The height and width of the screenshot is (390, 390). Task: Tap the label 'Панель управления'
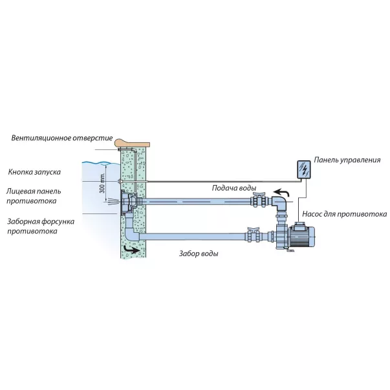pyautogui.click(x=347, y=159)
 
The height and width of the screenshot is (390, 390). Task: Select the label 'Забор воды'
pyautogui.click(x=198, y=254)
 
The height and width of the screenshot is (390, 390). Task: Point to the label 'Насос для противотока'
pyautogui.click(x=344, y=213)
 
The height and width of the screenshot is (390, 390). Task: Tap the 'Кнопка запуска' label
pyautogui.click(x=35, y=173)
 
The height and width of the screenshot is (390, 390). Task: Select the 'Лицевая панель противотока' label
pyautogui.click(x=35, y=196)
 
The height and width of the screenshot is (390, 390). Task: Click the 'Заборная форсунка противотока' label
pyautogui.click(x=40, y=226)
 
